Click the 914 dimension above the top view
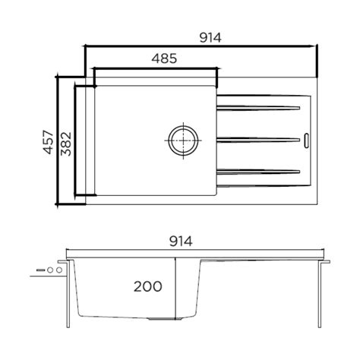point(201,36)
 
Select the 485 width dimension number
point(165,58)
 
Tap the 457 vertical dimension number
point(48,141)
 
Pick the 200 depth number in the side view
point(148,286)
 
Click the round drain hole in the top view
point(182,139)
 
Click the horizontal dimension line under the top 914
point(201,46)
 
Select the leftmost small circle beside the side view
point(49,270)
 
